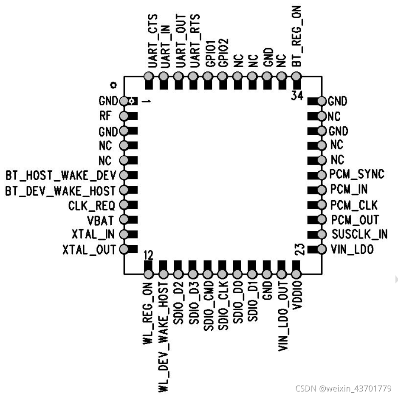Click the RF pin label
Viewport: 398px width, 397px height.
click(x=105, y=116)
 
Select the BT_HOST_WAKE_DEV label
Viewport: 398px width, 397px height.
click(x=60, y=175)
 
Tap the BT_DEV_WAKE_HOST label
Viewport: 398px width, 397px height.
click(x=60, y=190)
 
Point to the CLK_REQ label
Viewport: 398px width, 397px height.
click(x=92, y=205)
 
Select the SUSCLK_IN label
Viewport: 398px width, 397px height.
click(x=359, y=234)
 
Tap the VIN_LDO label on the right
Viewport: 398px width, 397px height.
click(x=352, y=250)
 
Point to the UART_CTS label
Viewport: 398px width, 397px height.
click(x=152, y=41)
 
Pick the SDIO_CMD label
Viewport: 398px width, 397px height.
click(x=208, y=306)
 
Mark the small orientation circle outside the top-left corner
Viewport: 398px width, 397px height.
click(x=113, y=84)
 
